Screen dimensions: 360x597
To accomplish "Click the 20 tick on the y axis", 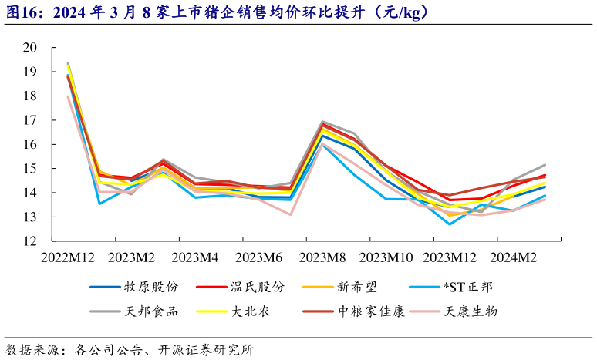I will [x=31, y=48].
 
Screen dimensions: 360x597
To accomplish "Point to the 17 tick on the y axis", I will [x=31, y=120].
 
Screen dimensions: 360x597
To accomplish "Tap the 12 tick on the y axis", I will [x=31, y=241].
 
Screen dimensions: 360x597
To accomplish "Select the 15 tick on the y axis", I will [x=31, y=169].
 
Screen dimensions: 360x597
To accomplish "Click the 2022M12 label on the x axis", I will [x=68, y=257].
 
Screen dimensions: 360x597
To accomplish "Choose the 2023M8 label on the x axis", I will [x=322, y=257].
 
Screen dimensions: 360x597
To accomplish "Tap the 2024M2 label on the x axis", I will [x=513, y=257].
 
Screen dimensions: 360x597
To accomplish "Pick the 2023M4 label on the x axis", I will [x=195, y=257].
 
